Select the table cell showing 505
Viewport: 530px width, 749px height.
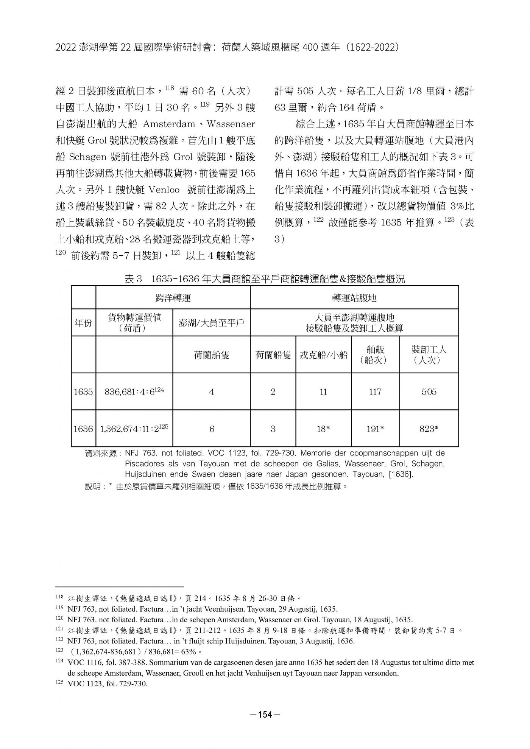point(429,392)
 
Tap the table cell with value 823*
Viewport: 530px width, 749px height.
point(429,429)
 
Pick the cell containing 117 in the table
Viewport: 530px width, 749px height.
point(375,392)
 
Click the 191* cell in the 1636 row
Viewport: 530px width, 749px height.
point(375,429)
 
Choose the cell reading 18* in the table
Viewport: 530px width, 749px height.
point(323,429)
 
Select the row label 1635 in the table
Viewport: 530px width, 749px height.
point(83,392)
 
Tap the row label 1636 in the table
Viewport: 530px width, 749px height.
point(83,429)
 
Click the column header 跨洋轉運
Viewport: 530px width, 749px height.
point(173,298)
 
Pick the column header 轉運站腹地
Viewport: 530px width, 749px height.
point(354,298)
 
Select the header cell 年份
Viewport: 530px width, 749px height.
point(83,323)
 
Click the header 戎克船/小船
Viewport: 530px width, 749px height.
point(323,355)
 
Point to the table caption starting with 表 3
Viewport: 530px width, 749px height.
point(265,279)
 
